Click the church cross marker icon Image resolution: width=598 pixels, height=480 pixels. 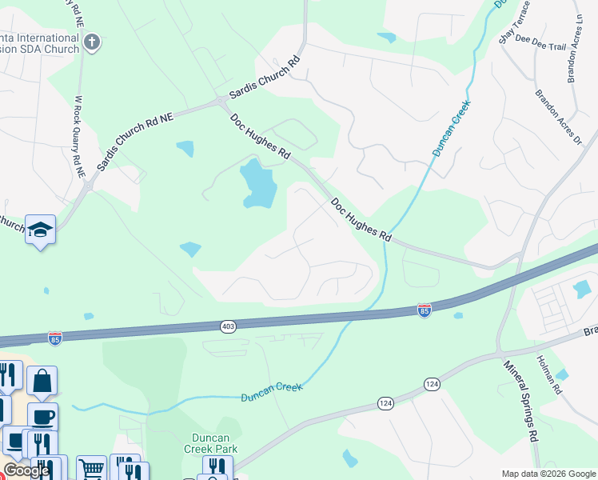pyautogui.click(x=92, y=42)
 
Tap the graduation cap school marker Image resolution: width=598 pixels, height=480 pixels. pyautogui.click(x=40, y=230)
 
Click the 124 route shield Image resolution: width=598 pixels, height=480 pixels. pyautogui.click(x=432, y=385)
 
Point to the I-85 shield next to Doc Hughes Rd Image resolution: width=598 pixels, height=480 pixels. pyautogui.click(x=425, y=310)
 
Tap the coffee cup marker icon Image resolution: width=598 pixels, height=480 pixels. pyautogui.click(x=42, y=417)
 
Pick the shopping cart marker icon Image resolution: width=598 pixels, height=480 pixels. pyautogui.click(x=92, y=468)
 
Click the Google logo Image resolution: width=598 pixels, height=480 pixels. pyautogui.click(x=26, y=470)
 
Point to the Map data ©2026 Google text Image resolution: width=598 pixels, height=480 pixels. pyautogui.click(x=548, y=474)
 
